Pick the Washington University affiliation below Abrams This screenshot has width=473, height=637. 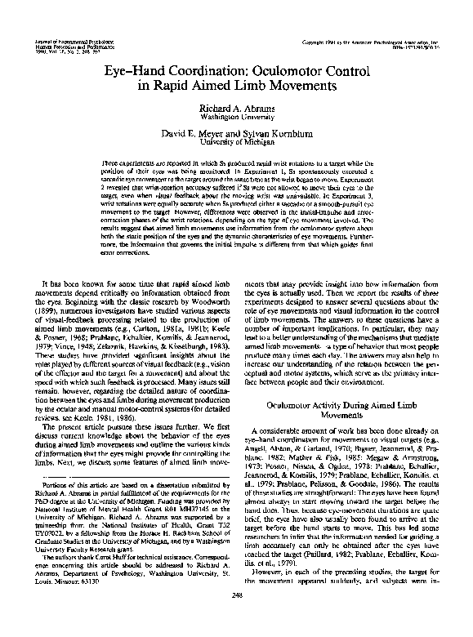click(237, 118)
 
